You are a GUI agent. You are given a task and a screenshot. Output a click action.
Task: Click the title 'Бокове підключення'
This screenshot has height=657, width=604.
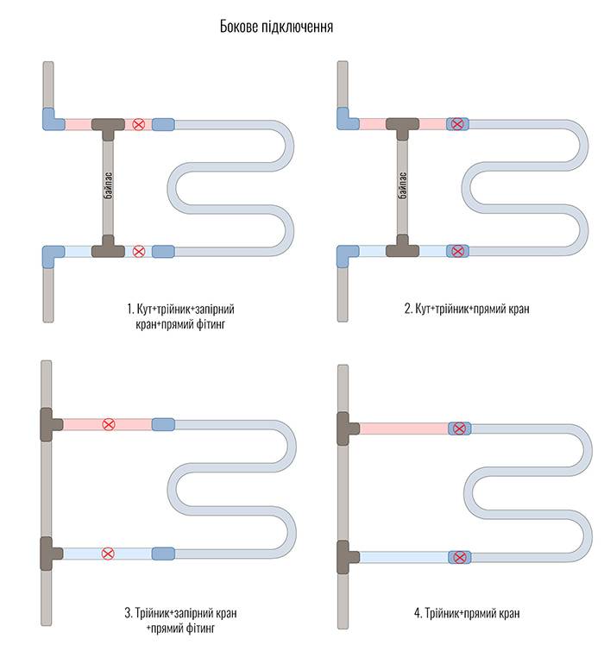(x=276, y=27)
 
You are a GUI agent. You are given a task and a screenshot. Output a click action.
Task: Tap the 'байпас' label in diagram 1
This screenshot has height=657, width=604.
(x=108, y=185)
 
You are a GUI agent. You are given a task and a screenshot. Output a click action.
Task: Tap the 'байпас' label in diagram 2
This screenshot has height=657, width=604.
(x=403, y=185)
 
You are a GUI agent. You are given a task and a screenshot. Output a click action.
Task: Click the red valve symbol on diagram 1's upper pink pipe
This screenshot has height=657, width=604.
(x=138, y=124)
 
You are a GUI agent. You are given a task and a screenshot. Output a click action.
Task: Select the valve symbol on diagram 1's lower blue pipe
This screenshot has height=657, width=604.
(x=138, y=252)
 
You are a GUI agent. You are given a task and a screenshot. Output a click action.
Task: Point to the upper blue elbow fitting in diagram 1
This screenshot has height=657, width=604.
(x=53, y=120)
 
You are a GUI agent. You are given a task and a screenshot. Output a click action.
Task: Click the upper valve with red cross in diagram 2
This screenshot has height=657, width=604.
(x=457, y=124)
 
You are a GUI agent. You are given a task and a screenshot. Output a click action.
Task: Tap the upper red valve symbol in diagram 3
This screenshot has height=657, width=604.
(x=109, y=424)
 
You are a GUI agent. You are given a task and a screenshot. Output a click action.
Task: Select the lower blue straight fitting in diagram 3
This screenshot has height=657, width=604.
(x=163, y=554)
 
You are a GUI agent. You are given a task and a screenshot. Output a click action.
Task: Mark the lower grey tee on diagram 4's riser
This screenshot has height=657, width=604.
(x=347, y=557)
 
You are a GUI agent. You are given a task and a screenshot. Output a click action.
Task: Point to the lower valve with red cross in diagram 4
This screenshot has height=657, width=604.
(x=460, y=557)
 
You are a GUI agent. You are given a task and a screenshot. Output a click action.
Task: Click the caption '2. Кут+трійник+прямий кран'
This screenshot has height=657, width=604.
(x=467, y=310)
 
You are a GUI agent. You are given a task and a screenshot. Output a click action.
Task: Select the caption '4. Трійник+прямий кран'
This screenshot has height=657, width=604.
(x=467, y=613)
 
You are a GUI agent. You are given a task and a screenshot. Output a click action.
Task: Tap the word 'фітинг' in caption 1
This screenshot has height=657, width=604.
(x=211, y=324)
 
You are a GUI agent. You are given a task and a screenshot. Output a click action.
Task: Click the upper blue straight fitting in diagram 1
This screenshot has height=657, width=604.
(x=163, y=124)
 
